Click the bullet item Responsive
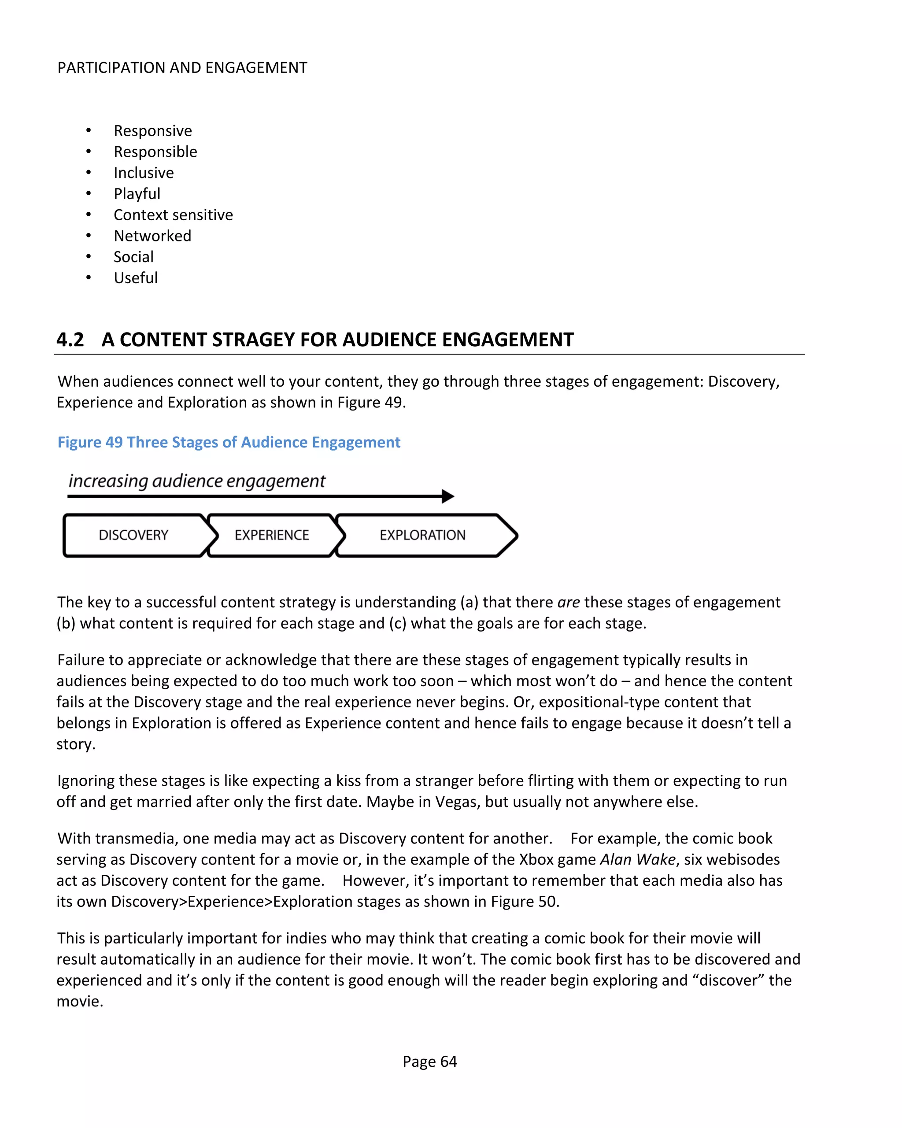pos(153,131)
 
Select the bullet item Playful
pos(137,194)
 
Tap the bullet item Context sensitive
pos(173,215)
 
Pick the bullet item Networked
pos(152,236)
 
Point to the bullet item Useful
pos(136,278)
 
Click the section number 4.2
pos(70,340)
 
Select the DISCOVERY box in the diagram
pos(133,535)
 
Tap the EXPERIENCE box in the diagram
pos(272,535)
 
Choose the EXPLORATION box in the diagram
pos(422,535)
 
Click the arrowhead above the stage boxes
pos(448,496)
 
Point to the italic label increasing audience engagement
pos(197,481)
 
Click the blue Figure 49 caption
pos(229,442)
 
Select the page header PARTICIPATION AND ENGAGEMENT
pos(182,68)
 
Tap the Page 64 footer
pos(429,1061)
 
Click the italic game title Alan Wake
pos(638,860)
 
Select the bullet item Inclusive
pos(144,173)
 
